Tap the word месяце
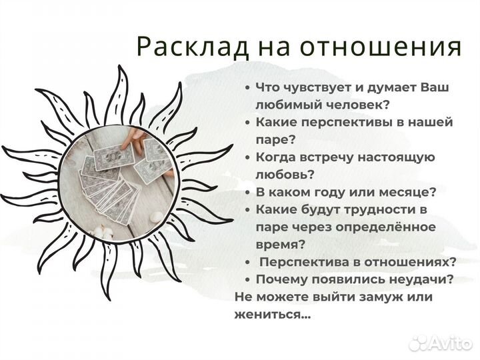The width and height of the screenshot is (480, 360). pyautogui.click(x=409, y=192)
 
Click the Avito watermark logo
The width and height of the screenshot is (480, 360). pyautogui.click(x=441, y=342)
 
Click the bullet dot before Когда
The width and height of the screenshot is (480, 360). pyautogui.click(x=247, y=157)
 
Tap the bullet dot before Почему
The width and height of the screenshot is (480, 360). pyautogui.click(x=247, y=279)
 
